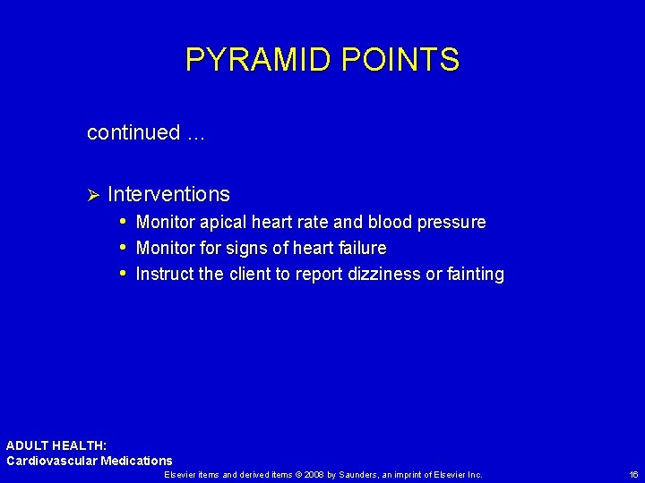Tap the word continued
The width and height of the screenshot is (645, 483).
tap(133, 133)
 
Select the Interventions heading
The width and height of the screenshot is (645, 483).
tap(168, 194)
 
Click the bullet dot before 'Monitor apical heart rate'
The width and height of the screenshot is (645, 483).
tap(123, 221)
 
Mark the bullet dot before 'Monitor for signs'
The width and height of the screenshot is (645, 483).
tap(123, 247)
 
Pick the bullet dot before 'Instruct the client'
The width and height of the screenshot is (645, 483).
tap(123, 274)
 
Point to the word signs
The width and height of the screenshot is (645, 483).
tap(255, 248)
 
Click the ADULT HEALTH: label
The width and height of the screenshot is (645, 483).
tap(56, 445)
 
